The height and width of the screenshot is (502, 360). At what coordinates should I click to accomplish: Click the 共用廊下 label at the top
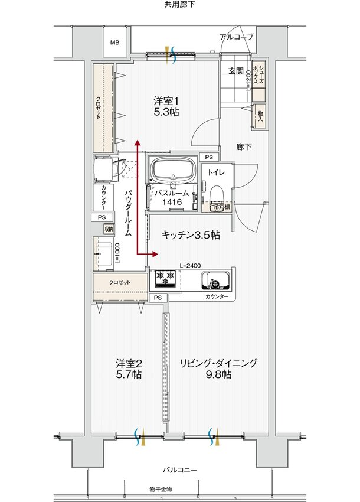179,5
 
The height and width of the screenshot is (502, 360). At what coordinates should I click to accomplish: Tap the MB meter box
114,42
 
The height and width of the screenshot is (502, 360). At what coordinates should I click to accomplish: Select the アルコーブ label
236,37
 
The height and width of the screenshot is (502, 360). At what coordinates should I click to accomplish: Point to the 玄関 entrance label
235,71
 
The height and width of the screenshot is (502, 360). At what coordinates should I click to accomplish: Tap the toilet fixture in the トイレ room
216,195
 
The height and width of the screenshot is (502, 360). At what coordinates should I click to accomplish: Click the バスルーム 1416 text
172,198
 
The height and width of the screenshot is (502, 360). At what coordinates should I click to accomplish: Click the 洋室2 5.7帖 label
128,369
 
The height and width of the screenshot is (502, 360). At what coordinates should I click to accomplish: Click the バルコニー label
179,470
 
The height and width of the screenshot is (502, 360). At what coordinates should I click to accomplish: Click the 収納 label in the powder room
108,229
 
